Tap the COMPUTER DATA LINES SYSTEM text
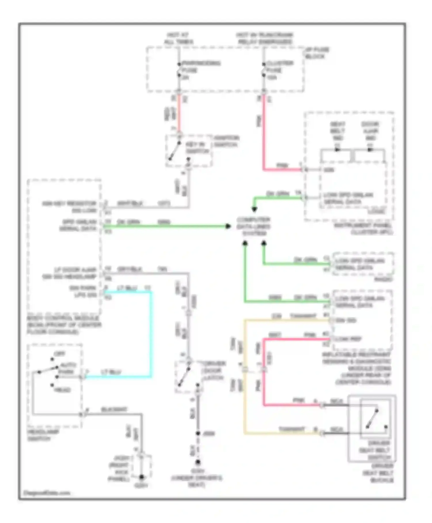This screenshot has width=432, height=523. point(253,226)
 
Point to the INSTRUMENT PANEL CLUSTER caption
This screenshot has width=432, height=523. point(363,229)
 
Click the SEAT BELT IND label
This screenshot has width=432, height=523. point(338,131)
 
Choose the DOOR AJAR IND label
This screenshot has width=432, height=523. point(370,131)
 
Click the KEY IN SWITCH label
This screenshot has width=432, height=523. point(197,148)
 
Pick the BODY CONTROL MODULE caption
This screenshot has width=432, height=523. point(64,325)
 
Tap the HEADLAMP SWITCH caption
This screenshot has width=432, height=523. point(43,435)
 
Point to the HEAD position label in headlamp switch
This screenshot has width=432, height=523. point(62,390)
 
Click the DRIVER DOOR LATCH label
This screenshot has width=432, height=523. point(213,370)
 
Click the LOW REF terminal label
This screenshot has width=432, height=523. point(348,339)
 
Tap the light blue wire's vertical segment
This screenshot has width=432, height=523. point(151,334)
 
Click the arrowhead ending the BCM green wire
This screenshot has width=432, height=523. point(228,226)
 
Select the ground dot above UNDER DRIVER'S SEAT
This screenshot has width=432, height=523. point(198,462)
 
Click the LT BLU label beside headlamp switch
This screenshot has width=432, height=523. point(111,372)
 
